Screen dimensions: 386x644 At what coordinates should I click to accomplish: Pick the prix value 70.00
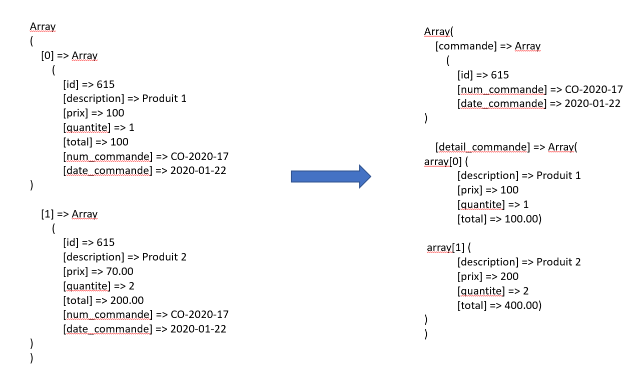pyautogui.click(x=120, y=271)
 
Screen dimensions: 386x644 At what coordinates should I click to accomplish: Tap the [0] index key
pyautogui.click(x=48, y=55)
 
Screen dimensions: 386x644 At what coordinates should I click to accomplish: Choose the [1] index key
pyautogui.click(x=48, y=214)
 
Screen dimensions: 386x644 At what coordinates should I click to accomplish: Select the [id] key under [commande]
pyautogui.click(x=465, y=75)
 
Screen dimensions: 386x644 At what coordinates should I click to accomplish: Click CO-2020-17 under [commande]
pyautogui.click(x=594, y=89)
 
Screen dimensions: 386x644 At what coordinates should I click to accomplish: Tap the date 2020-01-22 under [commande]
pyautogui.click(x=592, y=104)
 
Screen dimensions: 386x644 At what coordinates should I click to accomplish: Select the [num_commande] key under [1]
pyautogui.click(x=108, y=314)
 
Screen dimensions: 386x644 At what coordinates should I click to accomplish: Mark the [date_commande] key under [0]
pyautogui.click(x=108, y=170)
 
